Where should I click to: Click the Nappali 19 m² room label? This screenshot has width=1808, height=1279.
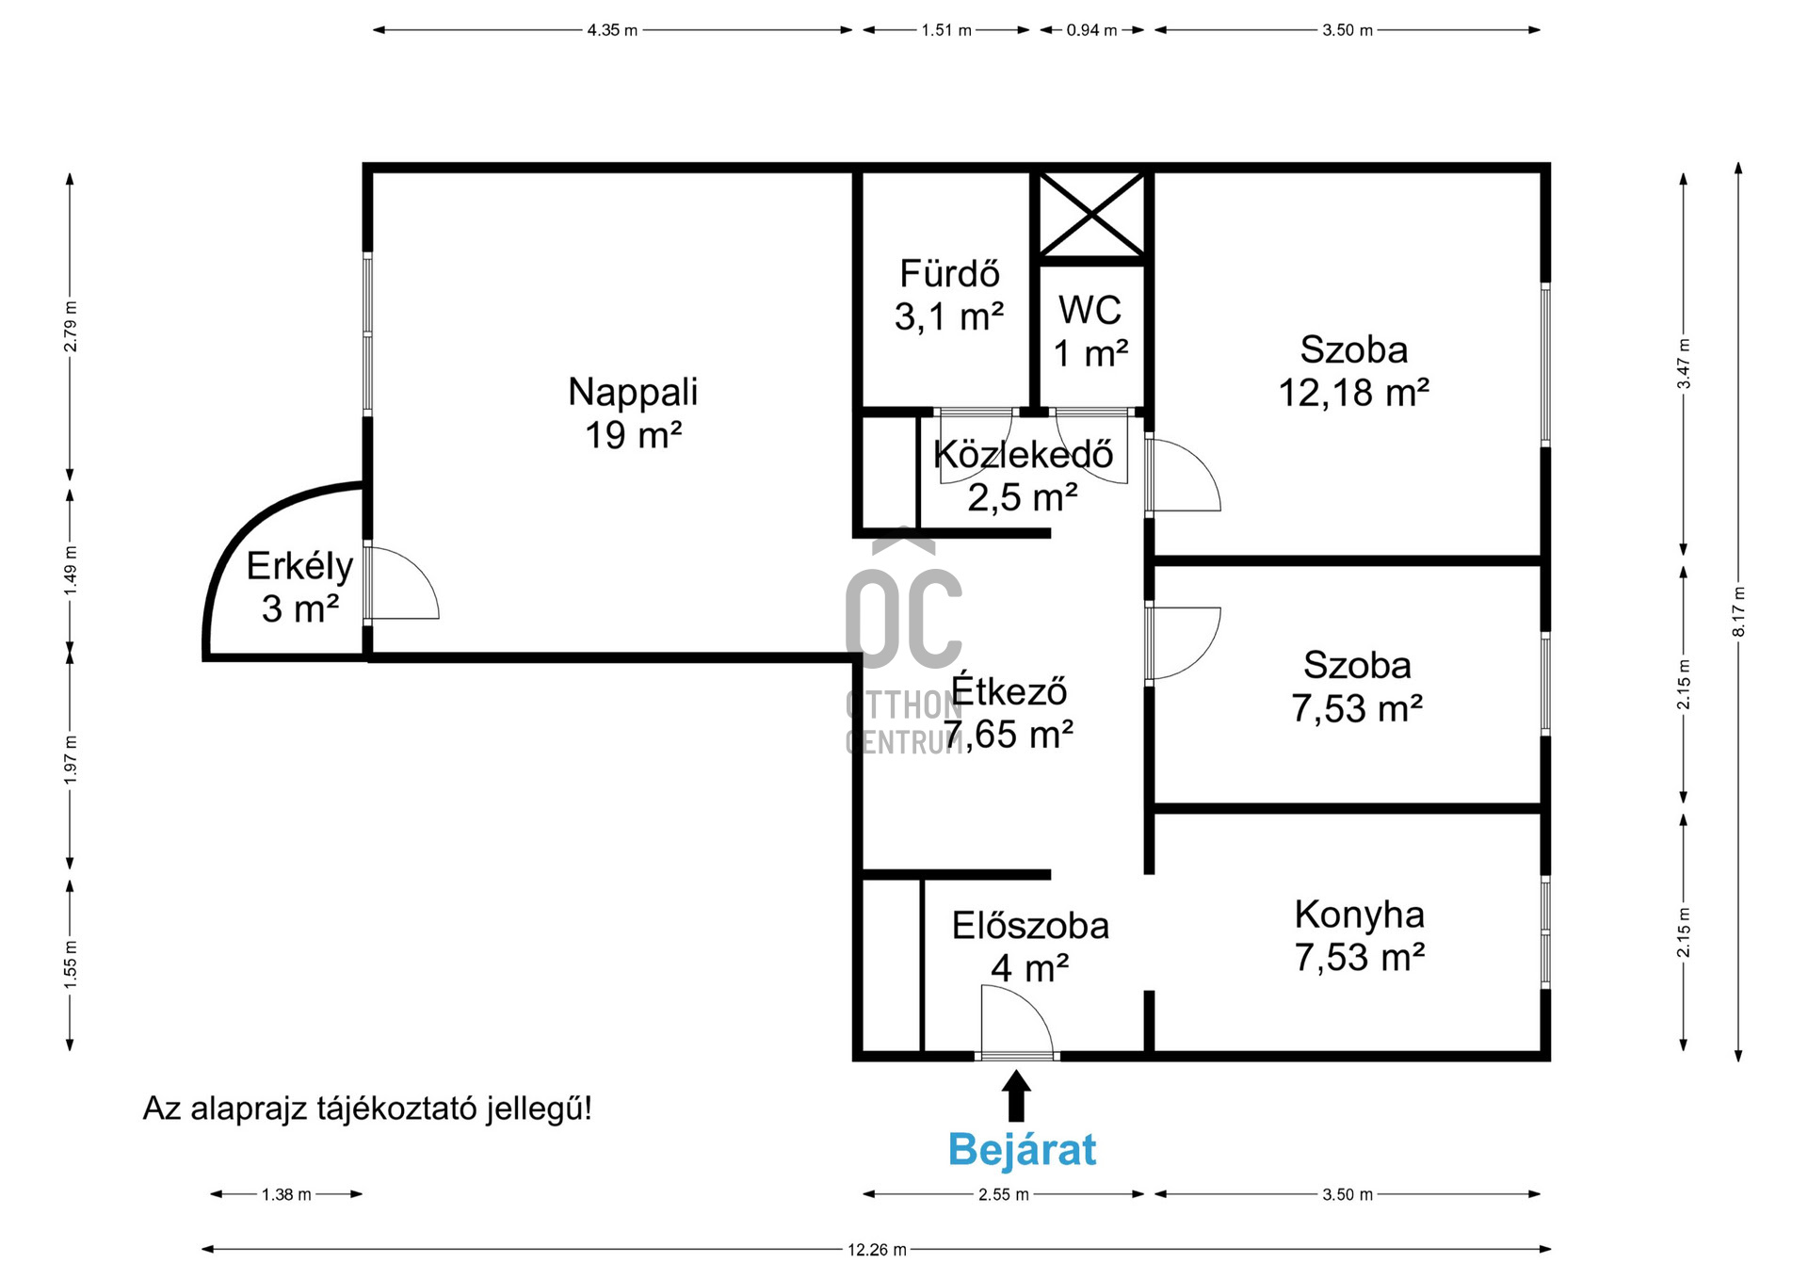click(x=633, y=413)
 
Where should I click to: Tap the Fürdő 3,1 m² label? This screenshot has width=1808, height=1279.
click(x=949, y=295)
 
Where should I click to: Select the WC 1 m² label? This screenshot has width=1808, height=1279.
click(x=1090, y=332)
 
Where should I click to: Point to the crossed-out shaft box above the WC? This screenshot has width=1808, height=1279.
click(x=1091, y=215)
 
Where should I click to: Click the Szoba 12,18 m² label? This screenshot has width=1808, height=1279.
click(x=1354, y=371)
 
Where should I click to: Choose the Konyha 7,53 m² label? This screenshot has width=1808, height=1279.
click(x=1359, y=935)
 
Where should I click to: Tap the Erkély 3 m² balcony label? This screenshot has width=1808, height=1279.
click(x=299, y=587)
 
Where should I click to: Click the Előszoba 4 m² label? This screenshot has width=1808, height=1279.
click(x=1030, y=947)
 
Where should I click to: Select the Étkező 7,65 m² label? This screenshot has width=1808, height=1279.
click(x=1009, y=713)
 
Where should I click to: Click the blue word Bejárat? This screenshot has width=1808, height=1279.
click(x=1022, y=1150)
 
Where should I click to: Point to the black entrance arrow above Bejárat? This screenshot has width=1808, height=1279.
click(x=1016, y=1095)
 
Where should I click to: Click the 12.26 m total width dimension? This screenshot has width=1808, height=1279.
click(x=877, y=1250)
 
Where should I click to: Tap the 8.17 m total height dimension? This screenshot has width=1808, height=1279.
click(x=1738, y=612)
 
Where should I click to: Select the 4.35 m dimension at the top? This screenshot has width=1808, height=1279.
click(x=612, y=30)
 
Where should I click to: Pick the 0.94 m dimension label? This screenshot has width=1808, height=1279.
click(x=1091, y=30)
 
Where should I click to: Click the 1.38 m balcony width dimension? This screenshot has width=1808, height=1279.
click(x=286, y=1194)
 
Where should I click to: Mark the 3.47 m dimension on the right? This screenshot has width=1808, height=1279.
click(x=1684, y=364)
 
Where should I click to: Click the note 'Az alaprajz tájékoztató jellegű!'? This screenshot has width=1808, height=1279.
click(x=367, y=1109)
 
